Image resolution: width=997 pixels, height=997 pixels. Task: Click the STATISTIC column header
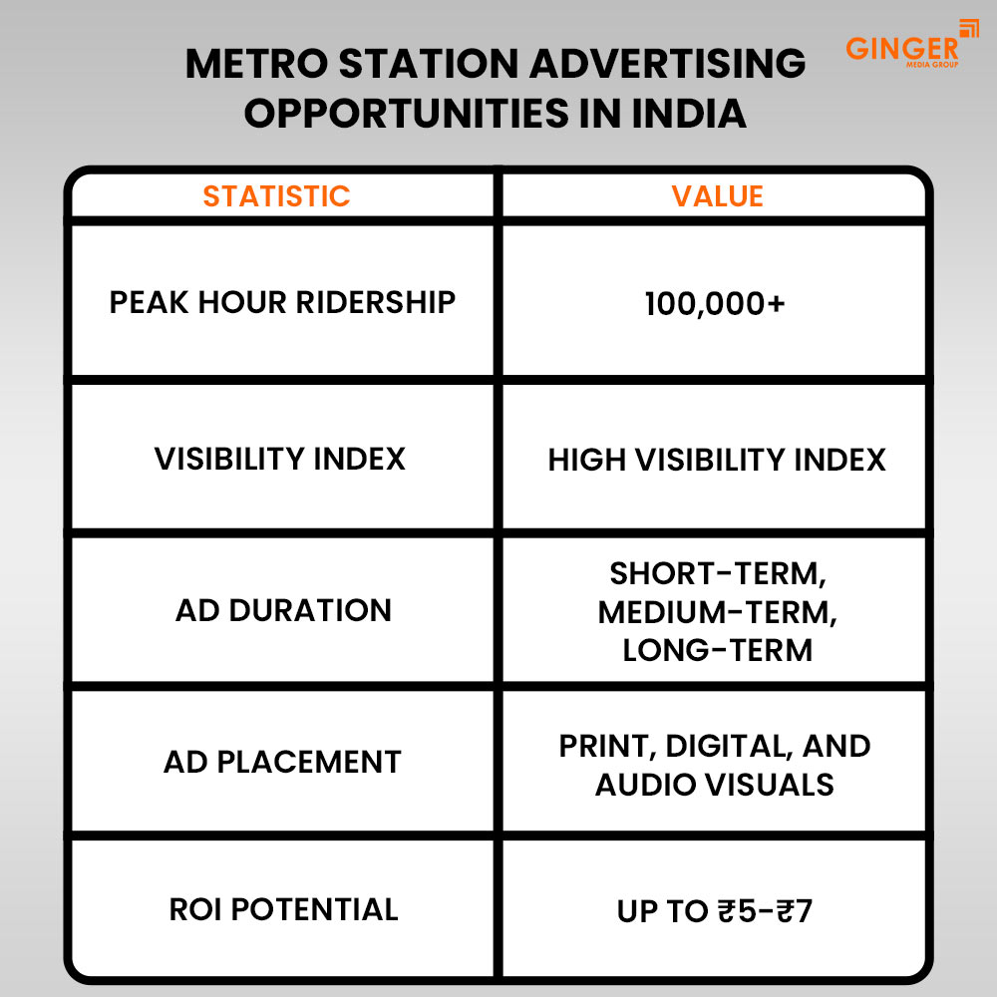[x=277, y=195]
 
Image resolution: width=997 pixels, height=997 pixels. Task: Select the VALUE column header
[x=717, y=195]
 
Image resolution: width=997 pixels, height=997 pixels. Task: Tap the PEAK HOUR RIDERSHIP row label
[x=282, y=302]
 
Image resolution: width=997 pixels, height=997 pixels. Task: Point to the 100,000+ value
[x=715, y=303]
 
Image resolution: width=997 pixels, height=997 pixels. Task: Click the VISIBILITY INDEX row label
[x=280, y=459]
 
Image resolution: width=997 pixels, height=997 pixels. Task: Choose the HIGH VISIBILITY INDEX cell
[x=717, y=460]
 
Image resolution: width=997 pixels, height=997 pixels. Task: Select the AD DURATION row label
[x=283, y=610]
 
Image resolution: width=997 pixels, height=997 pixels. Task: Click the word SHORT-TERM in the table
[x=719, y=574]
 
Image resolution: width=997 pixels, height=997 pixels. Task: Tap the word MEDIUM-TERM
[x=717, y=612]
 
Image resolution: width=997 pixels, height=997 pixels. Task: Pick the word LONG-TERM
[x=717, y=650]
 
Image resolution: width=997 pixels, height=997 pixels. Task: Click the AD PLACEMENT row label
[x=282, y=762]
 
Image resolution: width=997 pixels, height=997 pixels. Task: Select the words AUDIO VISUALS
[x=715, y=784]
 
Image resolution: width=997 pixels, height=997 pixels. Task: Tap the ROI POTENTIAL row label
[x=282, y=909]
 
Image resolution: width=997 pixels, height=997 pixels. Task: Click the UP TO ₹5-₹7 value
[x=715, y=911]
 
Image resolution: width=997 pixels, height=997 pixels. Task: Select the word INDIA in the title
[x=690, y=114]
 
